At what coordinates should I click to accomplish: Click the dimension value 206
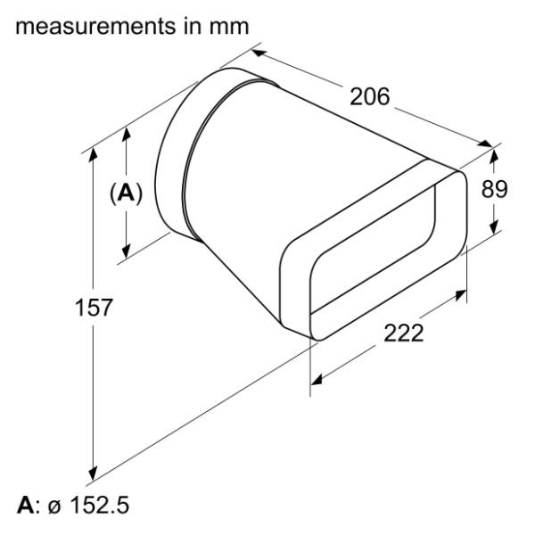369,96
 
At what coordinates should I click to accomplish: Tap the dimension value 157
94,308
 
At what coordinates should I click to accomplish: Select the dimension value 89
494,189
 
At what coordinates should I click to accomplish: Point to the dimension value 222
404,333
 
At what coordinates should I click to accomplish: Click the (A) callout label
126,193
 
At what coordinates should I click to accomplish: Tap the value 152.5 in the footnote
100,505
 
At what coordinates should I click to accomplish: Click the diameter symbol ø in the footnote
54,507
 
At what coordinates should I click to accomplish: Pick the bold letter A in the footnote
26,506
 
